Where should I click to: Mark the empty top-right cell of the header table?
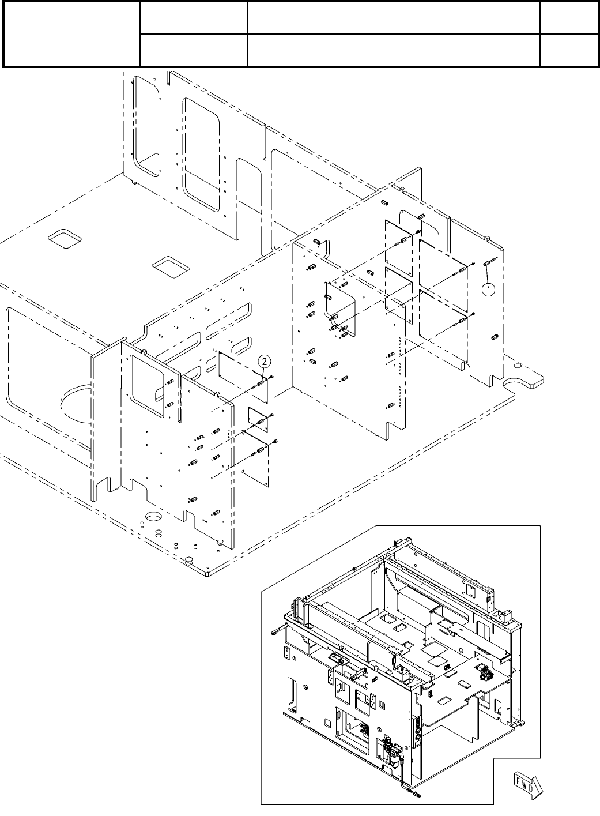[568, 17]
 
